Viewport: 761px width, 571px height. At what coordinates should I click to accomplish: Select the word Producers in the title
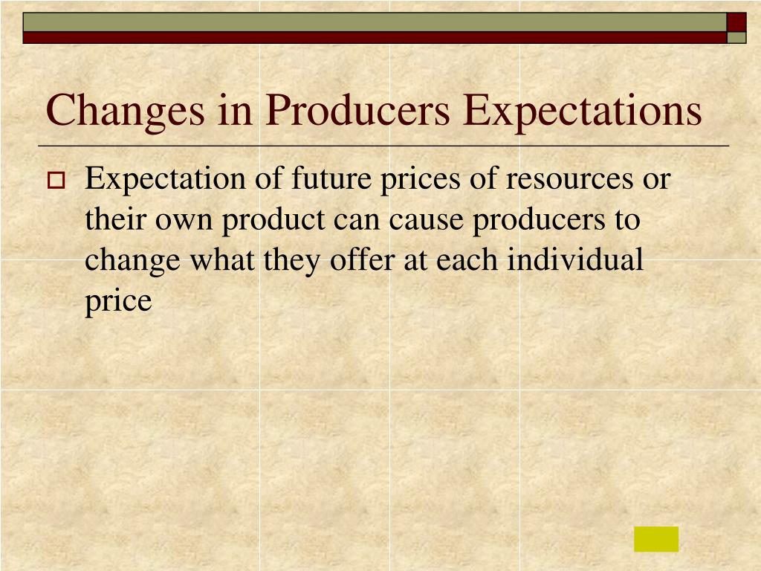(359, 110)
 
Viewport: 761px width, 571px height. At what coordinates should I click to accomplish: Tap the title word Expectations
(581, 110)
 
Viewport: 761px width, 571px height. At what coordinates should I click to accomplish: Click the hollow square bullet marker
(56, 180)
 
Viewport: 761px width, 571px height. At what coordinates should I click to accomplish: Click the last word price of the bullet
(118, 301)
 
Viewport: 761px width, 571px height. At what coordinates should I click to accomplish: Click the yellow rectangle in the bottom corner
(656, 539)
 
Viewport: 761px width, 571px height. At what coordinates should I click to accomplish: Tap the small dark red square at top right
(736, 22)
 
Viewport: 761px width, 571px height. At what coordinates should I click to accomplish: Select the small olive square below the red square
(736, 37)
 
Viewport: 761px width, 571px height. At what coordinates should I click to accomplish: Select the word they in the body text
(289, 260)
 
